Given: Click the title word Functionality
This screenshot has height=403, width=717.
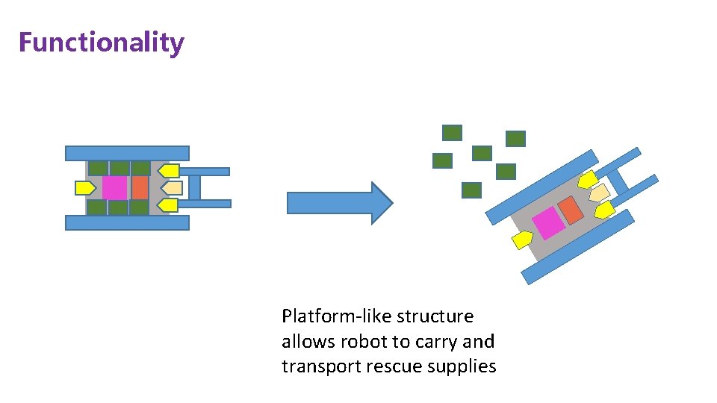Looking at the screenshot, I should point(101,43).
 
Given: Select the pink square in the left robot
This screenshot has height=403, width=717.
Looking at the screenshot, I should point(114,187).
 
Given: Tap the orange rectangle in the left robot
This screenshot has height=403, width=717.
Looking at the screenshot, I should point(140,187).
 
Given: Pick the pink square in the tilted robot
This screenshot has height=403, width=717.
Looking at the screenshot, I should point(549,223).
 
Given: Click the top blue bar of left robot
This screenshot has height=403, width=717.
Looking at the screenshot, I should point(127,153).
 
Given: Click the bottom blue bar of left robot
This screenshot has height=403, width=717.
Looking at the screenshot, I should point(127,222).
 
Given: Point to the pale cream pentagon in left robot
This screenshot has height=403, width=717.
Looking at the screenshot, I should point(172,187).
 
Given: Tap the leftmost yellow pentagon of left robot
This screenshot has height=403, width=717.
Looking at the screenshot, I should point(84,188).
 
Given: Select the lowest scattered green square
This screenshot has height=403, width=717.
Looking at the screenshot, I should point(471,190).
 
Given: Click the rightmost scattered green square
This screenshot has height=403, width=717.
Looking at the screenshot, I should point(515,138).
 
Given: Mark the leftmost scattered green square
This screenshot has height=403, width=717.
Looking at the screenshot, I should point(442,160).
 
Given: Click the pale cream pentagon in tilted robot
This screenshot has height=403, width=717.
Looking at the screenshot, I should point(599,193).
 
